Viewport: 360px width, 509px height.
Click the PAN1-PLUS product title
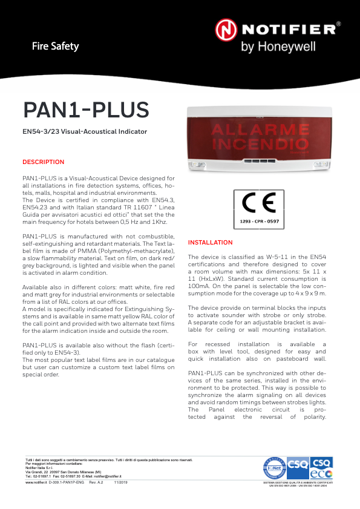click(85, 110)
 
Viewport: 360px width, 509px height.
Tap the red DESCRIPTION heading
click(43, 162)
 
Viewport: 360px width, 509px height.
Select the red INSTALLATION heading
click(210, 243)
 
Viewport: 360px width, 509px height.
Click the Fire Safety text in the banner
click(56, 46)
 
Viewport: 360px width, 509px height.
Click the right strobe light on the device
click(319, 163)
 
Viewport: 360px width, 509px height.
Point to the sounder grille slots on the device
click(258, 161)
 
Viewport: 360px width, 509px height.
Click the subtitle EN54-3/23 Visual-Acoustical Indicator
click(84, 131)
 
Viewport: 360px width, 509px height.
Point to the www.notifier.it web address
click(36, 482)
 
